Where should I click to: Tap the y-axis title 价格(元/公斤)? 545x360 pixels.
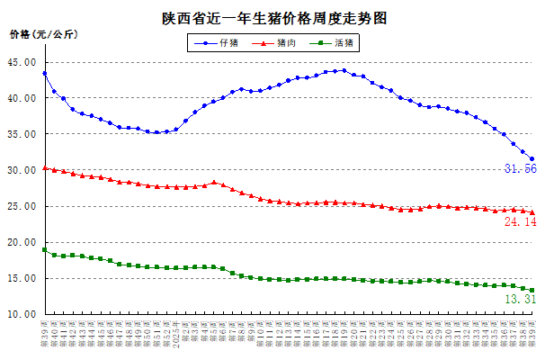point(44,34)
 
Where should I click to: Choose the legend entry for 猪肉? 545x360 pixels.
point(287,42)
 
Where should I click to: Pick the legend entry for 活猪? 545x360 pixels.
point(344,42)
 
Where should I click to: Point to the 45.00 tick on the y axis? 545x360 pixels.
point(21,62)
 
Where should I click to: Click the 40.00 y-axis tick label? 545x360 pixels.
point(21,98)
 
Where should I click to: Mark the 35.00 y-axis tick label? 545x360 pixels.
point(21,134)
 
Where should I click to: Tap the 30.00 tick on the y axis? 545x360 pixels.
point(21,170)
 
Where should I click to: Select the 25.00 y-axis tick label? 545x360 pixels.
point(21,206)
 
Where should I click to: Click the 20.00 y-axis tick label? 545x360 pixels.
point(21,242)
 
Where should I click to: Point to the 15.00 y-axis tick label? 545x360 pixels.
point(21,278)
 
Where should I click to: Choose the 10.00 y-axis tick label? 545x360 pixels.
point(21,314)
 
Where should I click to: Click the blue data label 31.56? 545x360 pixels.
point(520,169)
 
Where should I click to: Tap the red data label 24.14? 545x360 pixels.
point(520,221)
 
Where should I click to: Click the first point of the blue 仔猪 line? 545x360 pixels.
point(45,74)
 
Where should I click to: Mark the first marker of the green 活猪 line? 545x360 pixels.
point(45,249)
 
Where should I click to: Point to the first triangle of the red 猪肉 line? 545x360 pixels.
point(45,167)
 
